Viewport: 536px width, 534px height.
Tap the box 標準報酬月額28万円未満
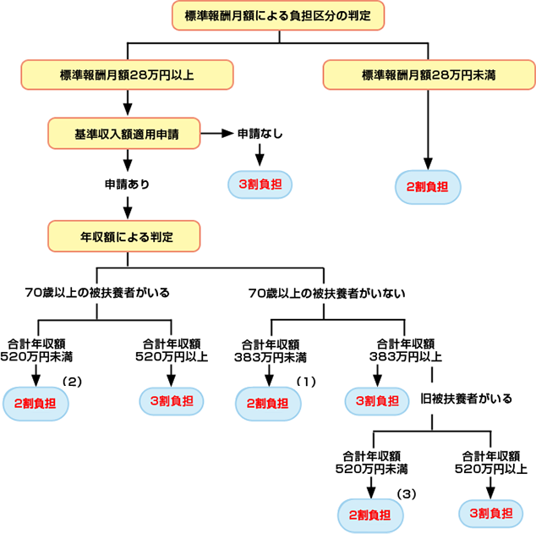(x=428, y=74)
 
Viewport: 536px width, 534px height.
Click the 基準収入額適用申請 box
(x=125, y=132)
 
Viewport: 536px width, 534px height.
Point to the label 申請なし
(x=260, y=133)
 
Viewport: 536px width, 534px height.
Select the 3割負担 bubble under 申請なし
(x=260, y=184)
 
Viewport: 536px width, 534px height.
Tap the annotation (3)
(x=407, y=492)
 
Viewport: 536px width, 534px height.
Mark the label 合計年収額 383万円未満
(x=271, y=350)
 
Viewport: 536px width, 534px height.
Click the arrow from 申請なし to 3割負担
(x=260, y=154)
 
